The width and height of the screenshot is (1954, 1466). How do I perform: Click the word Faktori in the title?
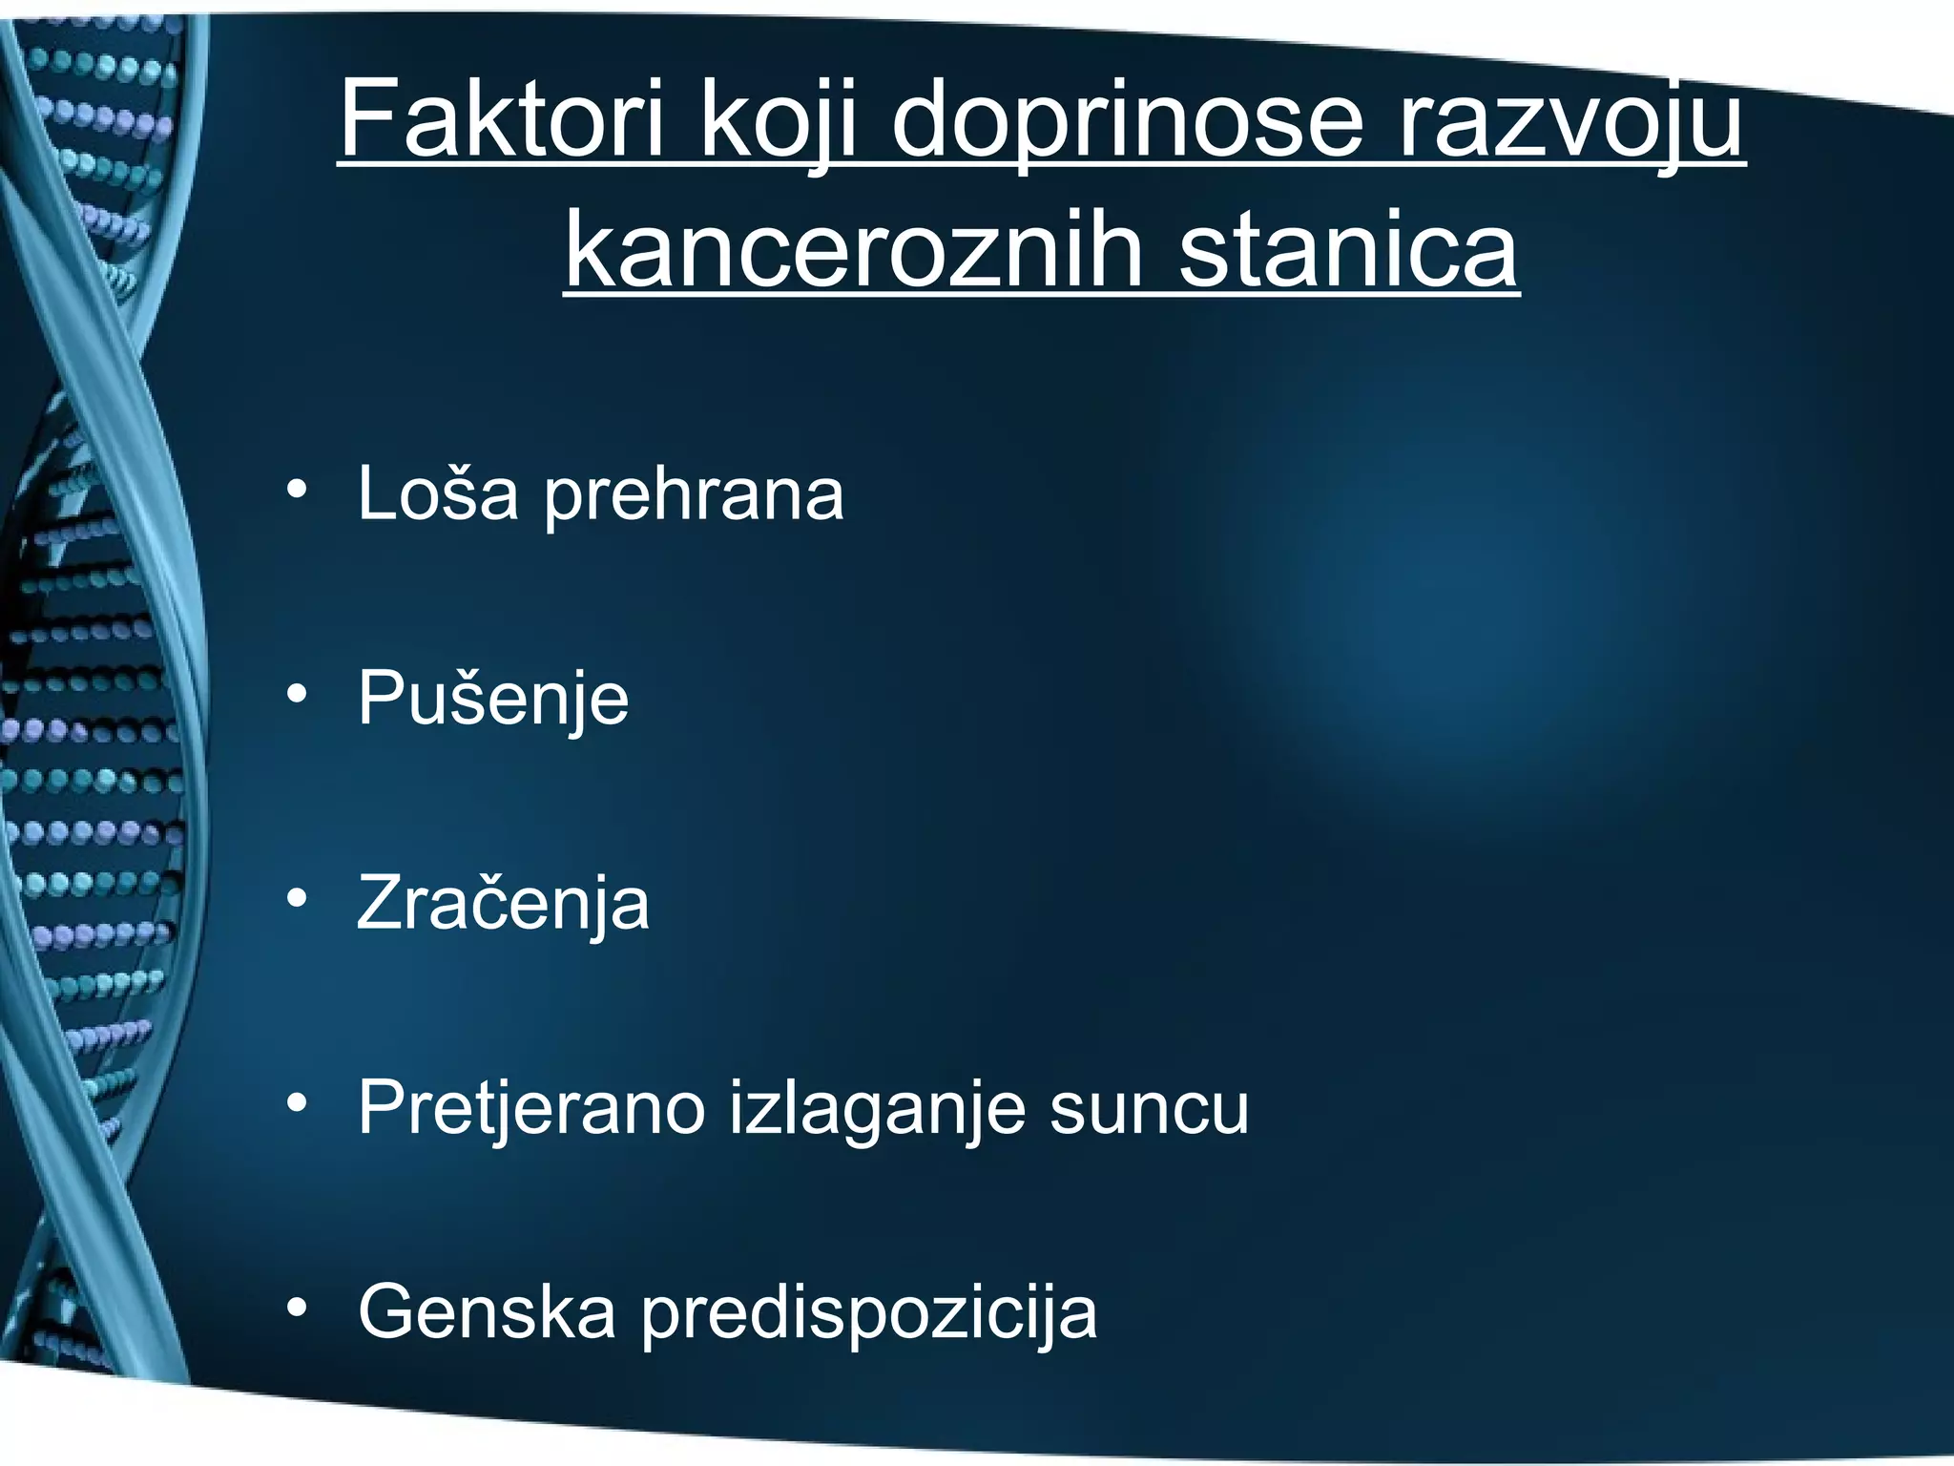click(x=502, y=120)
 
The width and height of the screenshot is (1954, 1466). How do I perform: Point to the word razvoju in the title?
click(x=1570, y=120)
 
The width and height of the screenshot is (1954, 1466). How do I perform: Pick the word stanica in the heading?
click(x=1348, y=250)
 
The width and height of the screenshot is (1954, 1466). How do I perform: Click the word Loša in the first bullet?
click(x=438, y=493)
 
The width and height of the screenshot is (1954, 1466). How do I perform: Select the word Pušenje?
click(x=493, y=700)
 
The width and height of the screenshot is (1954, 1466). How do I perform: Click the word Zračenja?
click(x=503, y=903)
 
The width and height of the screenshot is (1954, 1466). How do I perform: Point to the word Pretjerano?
click(x=530, y=1109)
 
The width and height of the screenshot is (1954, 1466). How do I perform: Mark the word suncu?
click(x=1149, y=1109)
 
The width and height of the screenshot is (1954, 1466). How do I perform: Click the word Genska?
click(x=487, y=1312)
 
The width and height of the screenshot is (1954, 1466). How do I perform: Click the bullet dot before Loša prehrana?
click(x=297, y=491)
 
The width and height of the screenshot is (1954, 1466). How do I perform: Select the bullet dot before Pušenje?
click(x=297, y=695)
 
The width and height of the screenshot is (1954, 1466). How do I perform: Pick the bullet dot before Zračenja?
click(x=297, y=899)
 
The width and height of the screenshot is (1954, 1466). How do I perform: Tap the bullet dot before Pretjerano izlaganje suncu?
click(x=297, y=1103)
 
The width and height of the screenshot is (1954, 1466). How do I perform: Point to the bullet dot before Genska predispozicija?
click(x=297, y=1308)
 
